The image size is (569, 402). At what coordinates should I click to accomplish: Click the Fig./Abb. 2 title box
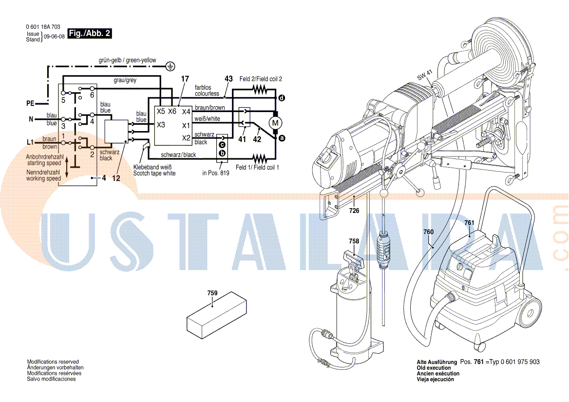click(x=90, y=34)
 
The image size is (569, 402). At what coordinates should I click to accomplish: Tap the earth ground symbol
click(x=170, y=66)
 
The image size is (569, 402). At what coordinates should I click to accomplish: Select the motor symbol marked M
click(x=275, y=123)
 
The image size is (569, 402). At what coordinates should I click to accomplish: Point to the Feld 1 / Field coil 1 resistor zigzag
click(x=260, y=158)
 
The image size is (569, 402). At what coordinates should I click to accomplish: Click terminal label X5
click(x=161, y=112)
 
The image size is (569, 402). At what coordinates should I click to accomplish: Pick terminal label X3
click(x=161, y=125)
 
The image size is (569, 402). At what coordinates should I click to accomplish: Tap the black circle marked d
click(x=282, y=98)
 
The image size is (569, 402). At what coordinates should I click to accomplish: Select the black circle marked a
click(x=282, y=138)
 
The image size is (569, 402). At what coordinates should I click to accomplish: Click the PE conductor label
click(x=31, y=103)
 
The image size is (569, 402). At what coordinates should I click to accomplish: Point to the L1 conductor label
click(x=30, y=142)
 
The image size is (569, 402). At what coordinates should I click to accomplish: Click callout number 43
click(x=228, y=78)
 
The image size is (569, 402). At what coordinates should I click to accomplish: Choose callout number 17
click(x=185, y=79)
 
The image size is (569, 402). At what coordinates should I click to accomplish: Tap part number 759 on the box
click(x=212, y=293)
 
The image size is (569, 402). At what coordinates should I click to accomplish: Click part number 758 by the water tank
click(x=354, y=241)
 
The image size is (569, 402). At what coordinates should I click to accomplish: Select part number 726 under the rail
click(x=354, y=211)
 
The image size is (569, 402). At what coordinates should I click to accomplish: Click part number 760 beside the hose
click(x=429, y=232)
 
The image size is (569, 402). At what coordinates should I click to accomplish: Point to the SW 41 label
click(x=425, y=75)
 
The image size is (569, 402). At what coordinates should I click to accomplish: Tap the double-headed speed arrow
click(x=67, y=169)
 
